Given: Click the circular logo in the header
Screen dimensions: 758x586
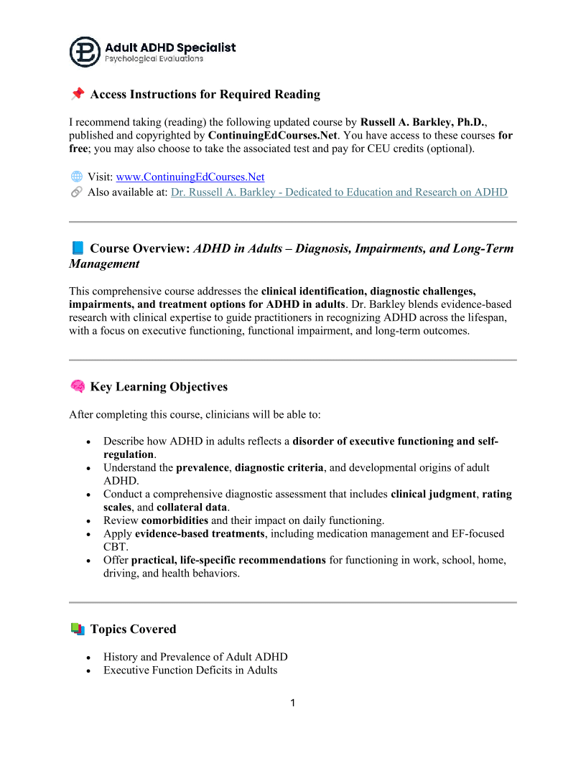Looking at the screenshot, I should pyautogui.click(x=85, y=52).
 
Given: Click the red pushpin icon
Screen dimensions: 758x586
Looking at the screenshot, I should pyautogui.click(x=77, y=94).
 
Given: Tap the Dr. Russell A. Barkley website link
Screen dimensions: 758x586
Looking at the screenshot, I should pyautogui.click(x=339, y=192).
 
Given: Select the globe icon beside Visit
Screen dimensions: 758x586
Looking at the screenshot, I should pyautogui.click(x=76, y=177).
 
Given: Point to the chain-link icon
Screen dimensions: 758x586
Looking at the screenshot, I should pyautogui.click(x=76, y=192).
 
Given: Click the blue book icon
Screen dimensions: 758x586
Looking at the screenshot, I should pyautogui.click(x=77, y=248).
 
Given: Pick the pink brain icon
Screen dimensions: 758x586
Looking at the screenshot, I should pyautogui.click(x=77, y=387).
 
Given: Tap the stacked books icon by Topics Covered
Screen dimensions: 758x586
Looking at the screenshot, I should pyautogui.click(x=77, y=630).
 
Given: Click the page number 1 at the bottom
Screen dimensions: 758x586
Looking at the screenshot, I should pyautogui.click(x=293, y=703).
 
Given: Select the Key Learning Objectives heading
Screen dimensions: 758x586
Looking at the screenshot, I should pyautogui.click(x=159, y=387).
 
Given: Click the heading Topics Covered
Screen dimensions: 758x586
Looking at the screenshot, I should pyautogui.click(x=133, y=630).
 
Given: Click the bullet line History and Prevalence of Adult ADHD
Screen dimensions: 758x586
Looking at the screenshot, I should pyautogui.click(x=195, y=657).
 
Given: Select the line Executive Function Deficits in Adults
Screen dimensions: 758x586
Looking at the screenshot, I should pyautogui.click(x=190, y=670).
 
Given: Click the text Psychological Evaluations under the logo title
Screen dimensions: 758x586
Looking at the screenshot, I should pyautogui.click(x=154, y=59).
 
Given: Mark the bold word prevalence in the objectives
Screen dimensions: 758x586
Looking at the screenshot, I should pyautogui.click(x=203, y=468).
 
